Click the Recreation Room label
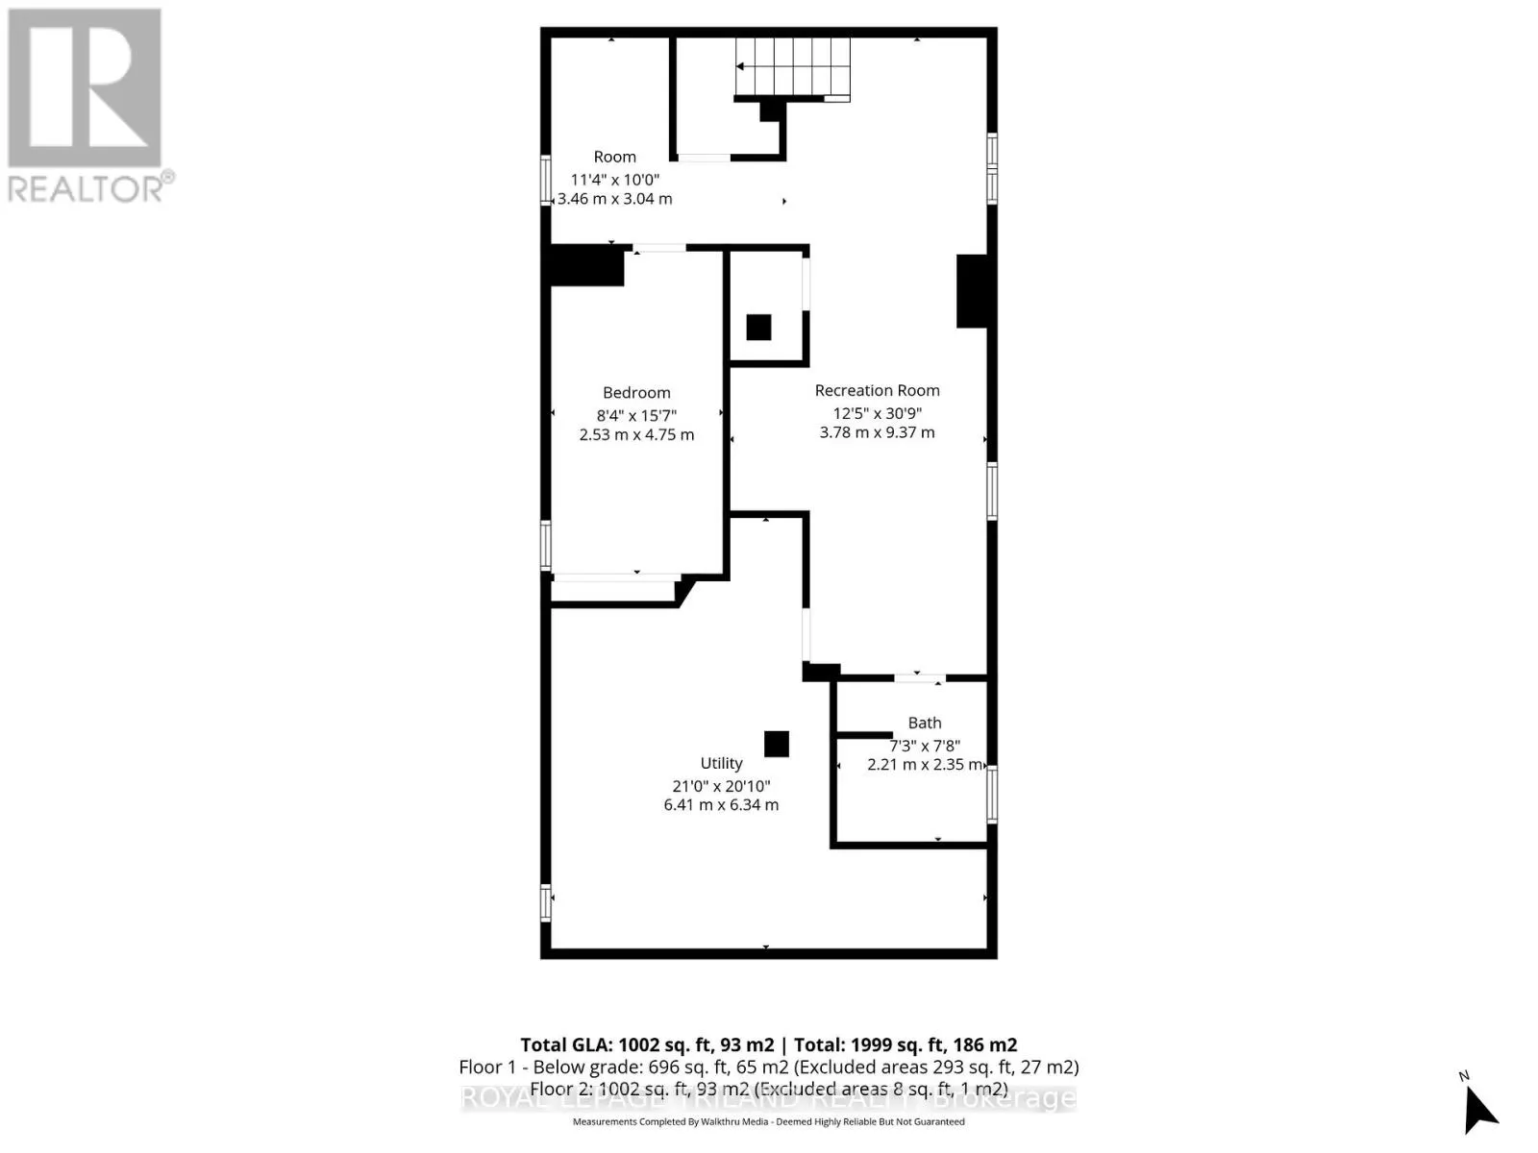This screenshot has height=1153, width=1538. tap(877, 390)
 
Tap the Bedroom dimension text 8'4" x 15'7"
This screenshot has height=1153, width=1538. tap(636, 415)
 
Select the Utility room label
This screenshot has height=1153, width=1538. tap(721, 763)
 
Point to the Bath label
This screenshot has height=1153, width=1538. tap(925, 723)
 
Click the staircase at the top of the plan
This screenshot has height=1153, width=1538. tap(792, 67)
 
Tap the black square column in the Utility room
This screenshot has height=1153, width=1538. tap(777, 744)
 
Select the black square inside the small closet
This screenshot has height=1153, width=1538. tap(758, 327)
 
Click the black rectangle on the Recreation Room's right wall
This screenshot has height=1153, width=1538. tap(972, 291)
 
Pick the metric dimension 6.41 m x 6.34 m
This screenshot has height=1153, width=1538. tap(721, 805)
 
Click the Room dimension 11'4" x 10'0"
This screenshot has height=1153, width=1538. tap(615, 180)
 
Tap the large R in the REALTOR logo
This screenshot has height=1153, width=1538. tap(85, 88)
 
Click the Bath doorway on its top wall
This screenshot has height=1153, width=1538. tap(919, 678)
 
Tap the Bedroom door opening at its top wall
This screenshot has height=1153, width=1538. tap(659, 249)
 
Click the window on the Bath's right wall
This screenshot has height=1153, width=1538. tap(992, 794)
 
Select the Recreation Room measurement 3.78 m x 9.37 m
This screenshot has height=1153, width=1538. tap(877, 432)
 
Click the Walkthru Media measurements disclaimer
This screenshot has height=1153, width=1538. tap(768, 1121)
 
